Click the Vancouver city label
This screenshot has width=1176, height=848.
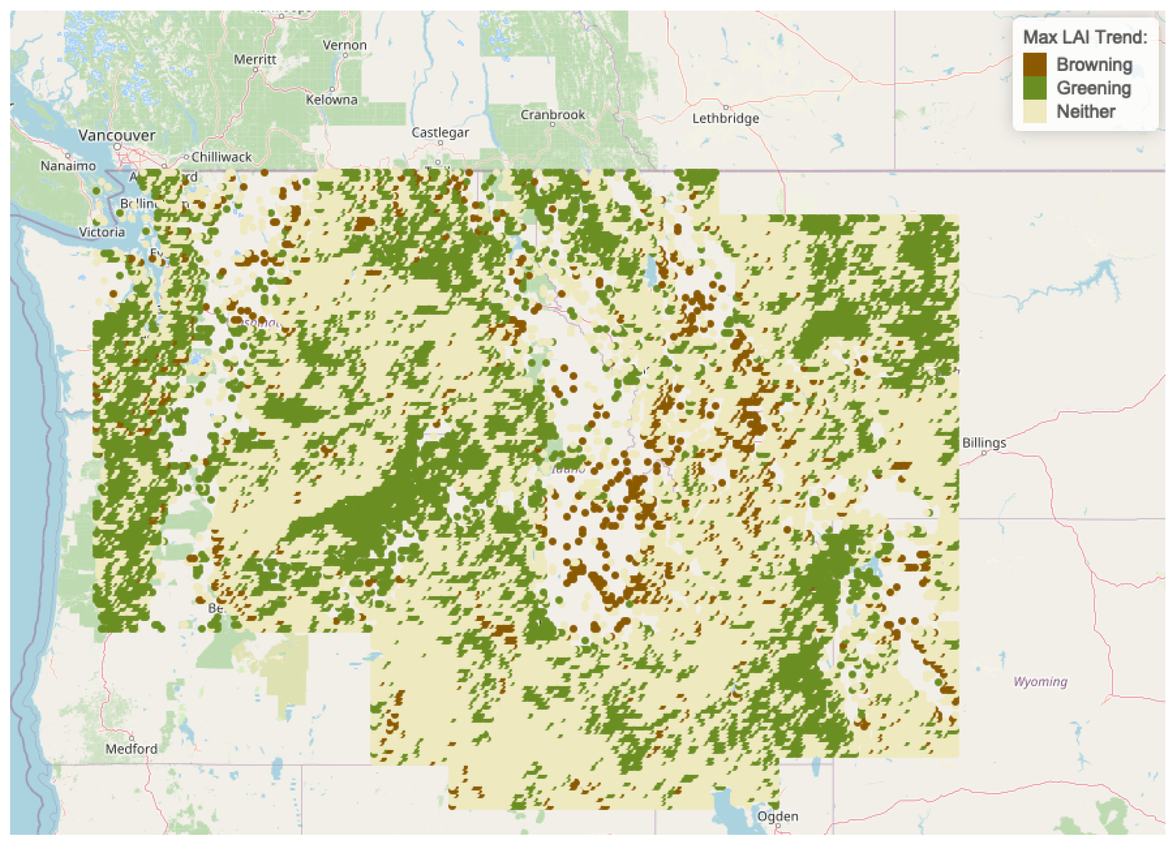point(117,136)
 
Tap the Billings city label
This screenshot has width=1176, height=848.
point(984,443)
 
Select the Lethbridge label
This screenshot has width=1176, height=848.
point(726,118)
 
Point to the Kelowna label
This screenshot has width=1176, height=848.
point(331,100)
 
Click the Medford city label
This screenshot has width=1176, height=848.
point(131,748)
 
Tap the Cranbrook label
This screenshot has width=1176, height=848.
point(552,115)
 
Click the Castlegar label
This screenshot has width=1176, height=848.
point(440,133)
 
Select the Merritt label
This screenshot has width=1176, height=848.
point(255,60)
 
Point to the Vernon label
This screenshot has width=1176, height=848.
point(344,45)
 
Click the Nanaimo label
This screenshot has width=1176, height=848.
point(68,166)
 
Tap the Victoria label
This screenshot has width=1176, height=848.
point(102,232)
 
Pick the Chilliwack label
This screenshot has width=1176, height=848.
point(221,156)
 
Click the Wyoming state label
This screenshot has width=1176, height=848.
point(1040,681)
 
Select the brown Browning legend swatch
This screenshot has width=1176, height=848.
point(1035,64)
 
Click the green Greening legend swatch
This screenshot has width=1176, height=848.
point(1035,88)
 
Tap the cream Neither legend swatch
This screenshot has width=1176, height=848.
point(1035,112)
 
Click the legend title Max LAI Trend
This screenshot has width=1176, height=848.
point(1085,37)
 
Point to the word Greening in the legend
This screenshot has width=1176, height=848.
point(1094,88)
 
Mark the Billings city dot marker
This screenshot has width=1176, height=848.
point(984,453)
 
